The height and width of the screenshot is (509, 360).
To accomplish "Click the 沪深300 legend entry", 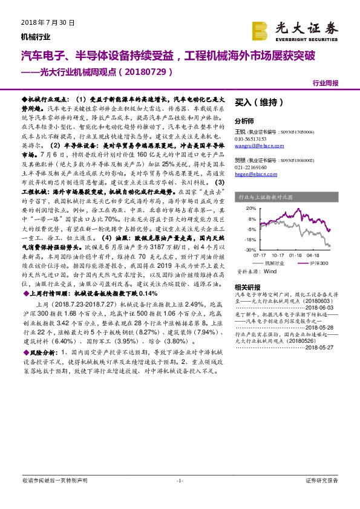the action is [318, 264].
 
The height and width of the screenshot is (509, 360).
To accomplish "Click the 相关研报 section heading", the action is [247, 287].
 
